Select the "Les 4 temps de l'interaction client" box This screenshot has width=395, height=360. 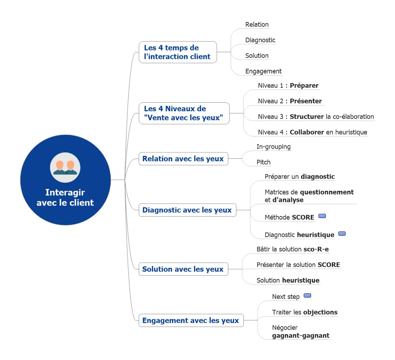click(178, 52)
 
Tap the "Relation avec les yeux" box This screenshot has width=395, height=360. click(183, 159)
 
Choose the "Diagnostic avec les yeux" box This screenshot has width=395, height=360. click(187, 210)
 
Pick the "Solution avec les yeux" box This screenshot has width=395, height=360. click(183, 269)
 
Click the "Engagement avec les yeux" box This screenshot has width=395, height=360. click(191, 320)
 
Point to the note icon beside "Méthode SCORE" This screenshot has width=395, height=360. click(322, 216)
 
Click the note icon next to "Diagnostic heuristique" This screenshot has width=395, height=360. click(342, 234)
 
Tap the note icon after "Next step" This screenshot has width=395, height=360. click(307, 296)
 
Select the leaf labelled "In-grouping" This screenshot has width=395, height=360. click(273, 147)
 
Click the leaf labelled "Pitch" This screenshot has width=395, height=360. click(263, 162)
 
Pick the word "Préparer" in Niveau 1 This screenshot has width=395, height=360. click(304, 86)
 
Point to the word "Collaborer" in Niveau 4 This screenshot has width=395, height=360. click(307, 132)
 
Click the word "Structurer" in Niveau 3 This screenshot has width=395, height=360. click(307, 117)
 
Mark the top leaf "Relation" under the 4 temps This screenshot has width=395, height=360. click(257, 24)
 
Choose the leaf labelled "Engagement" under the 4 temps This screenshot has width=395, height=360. click(263, 71)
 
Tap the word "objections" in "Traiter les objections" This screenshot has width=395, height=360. click(320, 312)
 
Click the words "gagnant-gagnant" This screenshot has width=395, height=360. click(301, 336)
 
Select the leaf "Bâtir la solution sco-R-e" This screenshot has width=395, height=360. click(292, 249)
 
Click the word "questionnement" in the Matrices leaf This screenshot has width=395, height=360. click(327, 192)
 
